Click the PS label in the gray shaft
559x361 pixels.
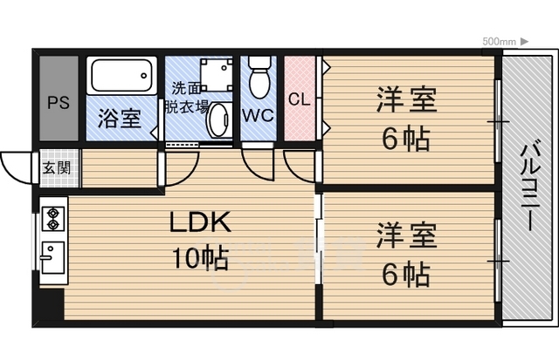point(59,103)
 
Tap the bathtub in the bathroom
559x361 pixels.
point(122,76)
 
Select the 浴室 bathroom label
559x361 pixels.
point(120,119)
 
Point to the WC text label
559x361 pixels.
point(259,115)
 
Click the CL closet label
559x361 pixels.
point(300,99)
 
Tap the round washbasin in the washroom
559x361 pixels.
point(217,120)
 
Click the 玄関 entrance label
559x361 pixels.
point(57,167)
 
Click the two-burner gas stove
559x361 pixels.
point(53,219)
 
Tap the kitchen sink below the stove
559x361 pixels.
point(52,257)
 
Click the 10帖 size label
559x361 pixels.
point(200,257)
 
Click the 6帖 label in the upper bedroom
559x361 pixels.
point(406,140)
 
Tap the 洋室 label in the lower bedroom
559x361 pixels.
point(407,235)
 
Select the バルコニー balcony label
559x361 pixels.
point(530,185)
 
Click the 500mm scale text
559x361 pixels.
point(499,42)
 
